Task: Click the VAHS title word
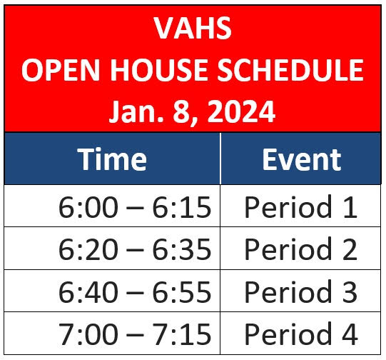(x=193, y=28)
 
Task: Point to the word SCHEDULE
(x=290, y=70)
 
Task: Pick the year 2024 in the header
(x=241, y=111)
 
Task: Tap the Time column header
(x=112, y=159)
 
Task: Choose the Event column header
(x=302, y=159)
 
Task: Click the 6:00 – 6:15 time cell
(x=135, y=207)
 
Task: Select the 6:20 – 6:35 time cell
(x=135, y=249)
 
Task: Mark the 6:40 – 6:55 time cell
(x=135, y=292)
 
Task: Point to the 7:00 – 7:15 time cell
(x=135, y=334)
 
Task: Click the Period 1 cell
(x=300, y=206)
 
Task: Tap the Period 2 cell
(x=300, y=249)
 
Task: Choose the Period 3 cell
(x=300, y=291)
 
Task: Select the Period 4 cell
(x=300, y=334)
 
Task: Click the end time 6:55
(x=182, y=292)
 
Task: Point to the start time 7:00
(x=88, y=334)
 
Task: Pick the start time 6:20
(x=88, y=249)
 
